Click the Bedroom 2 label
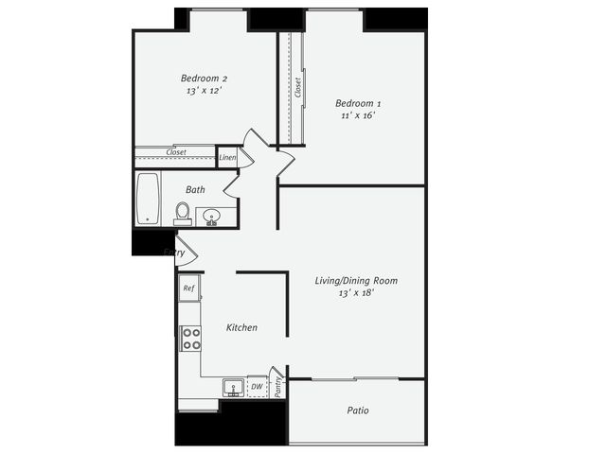pyautogui.click(x=204, y=79)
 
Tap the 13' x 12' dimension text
pyautogui.click(x=204, y=91)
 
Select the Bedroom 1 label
pyautogui.click(x=358, y=103)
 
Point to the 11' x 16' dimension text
pyautogui.click(x=358, y=115)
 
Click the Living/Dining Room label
pyautogui.click(x=356, y=281)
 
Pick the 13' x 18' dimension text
pyautogui.click(x=356, y=293)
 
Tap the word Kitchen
pyautogui.click(x=241, y=328)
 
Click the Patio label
pyautogui.click(x=358, y=410)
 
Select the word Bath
pyautogui.click(x=195, y=189)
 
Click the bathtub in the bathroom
pyautogui.click(x=148, y=199)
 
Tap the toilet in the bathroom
pyautogui.click(x=183, y=214)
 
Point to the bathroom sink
pyautogui.click(x=211, y=216)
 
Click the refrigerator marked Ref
pyautogui.click(x=189, y=288)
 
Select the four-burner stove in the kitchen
pyautogui.click(x=191, y=339)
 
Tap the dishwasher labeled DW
pyautogui.click(x=258, y=386)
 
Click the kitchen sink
pyautogui.click(x=233, y=387)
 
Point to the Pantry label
pyautogui.click(x=277, y=387)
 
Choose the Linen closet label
pyautogui.click(x=227, y=158)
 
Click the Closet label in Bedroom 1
pyautogui.click(x=297, y=88)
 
